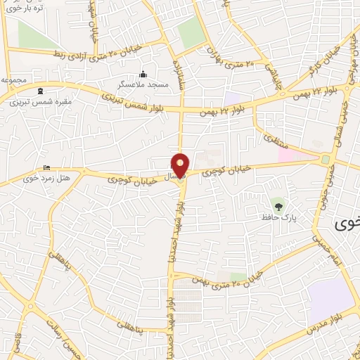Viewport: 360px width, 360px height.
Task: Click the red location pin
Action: point(181,165)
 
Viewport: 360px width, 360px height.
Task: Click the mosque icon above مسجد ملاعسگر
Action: point(143,74)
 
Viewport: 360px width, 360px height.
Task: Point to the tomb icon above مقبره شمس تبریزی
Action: point(39,91)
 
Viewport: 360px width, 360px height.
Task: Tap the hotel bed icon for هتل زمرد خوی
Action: point(46,167)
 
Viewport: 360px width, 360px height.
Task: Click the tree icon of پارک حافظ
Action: point(279,206)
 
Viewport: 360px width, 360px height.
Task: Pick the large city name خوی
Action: point(346,224)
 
